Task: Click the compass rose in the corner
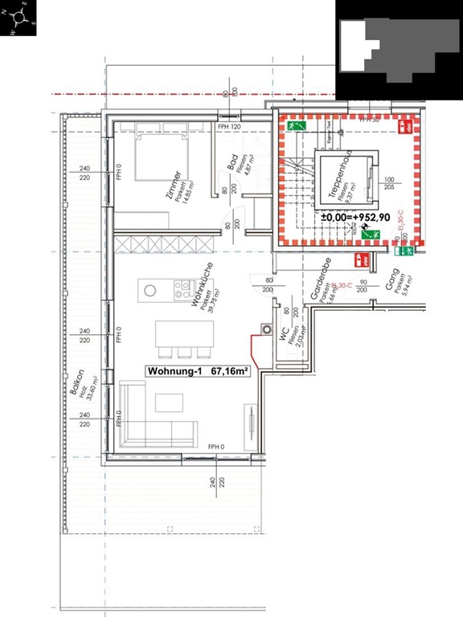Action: tap(18, 18)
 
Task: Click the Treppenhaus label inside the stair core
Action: tap(345, 178)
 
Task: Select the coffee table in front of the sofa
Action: tap(169, 402)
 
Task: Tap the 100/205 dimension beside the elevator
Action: tap(390, 183)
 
